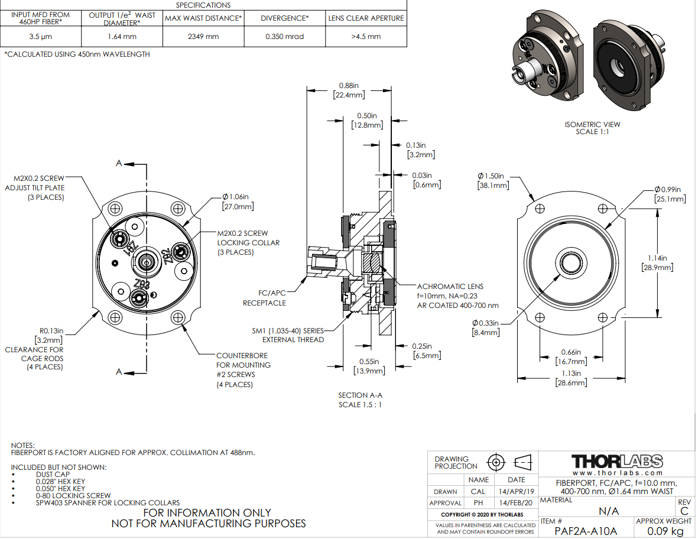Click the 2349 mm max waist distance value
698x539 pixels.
[203, 37]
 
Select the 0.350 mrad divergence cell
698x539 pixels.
[284, 37]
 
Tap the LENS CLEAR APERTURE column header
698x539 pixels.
[366, 18]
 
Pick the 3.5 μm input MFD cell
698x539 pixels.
[41, 37]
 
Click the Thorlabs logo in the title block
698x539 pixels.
[618, 462]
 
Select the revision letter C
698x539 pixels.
[684, 511]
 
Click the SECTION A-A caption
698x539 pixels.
[360, 395]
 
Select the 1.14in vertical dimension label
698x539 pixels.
[657, 258]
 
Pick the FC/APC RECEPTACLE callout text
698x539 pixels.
[264, 298]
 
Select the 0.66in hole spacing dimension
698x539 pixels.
[571, 353]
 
